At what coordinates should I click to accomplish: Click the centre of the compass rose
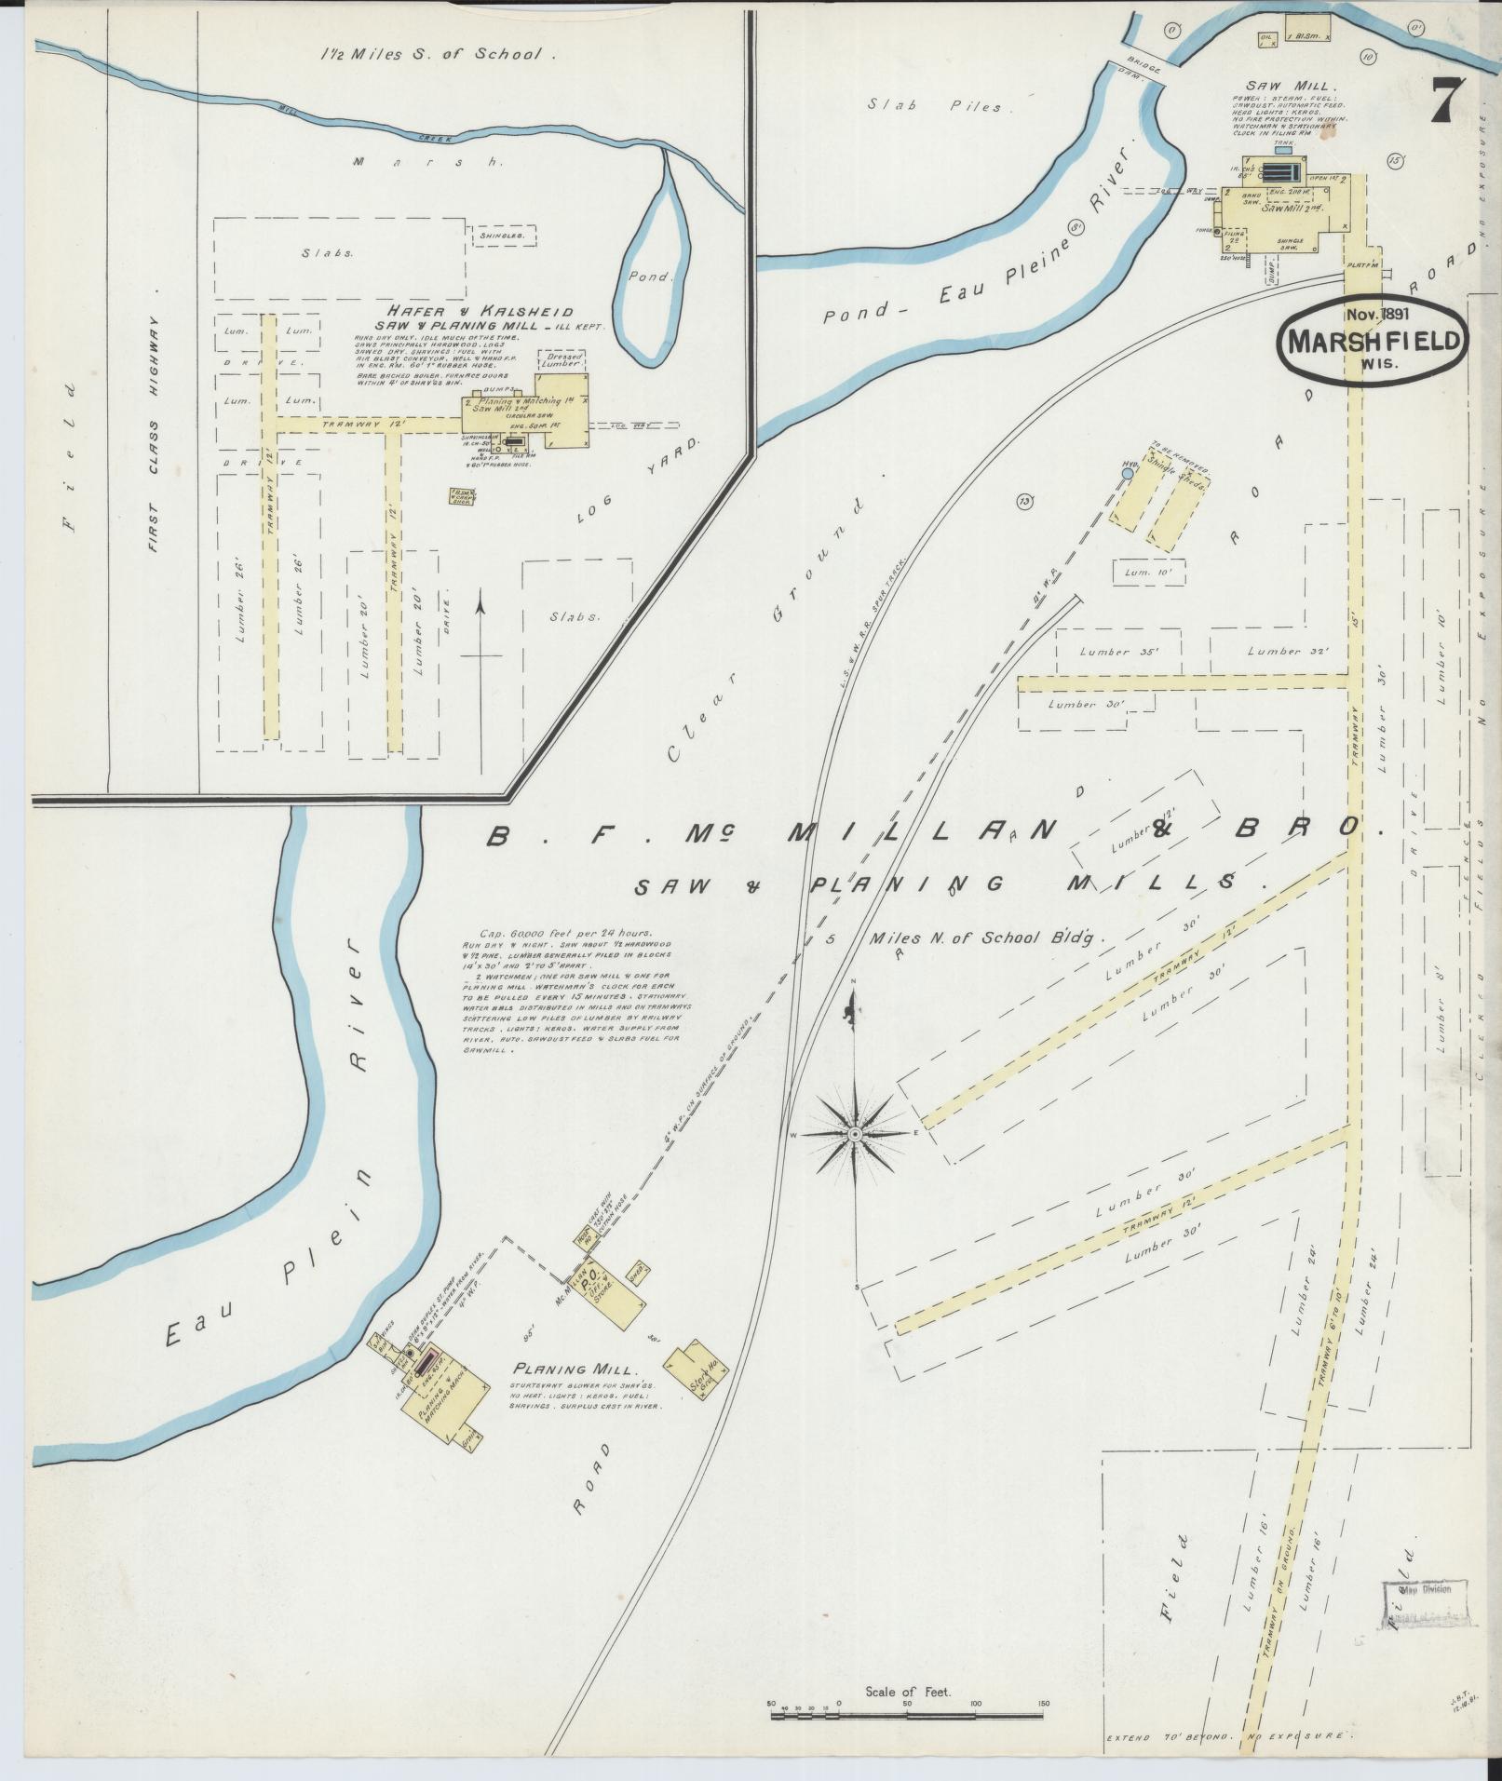click(x=854, y=1133)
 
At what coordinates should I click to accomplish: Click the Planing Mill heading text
click(x=574, y=1369)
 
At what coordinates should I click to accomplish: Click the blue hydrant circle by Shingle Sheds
click(x=1128, y=475)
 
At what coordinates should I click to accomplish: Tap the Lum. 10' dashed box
click(x=1149, y=572)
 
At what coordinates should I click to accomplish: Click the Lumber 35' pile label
click(x=1117, y=652)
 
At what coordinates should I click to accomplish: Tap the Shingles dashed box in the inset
click(x=504, y=236)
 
